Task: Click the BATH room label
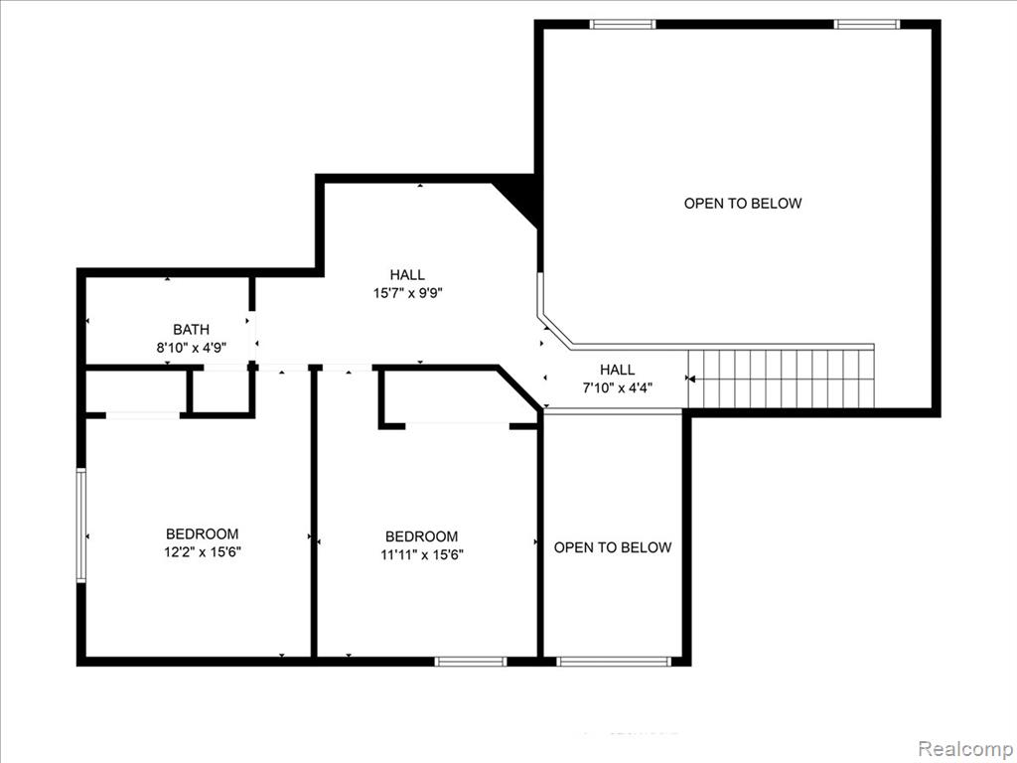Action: (191, 330)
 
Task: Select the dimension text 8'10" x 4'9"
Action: (191, 347)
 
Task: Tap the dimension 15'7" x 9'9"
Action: (407, 293)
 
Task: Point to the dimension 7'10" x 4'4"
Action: (617, 388)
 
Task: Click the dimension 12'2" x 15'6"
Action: (203, 552)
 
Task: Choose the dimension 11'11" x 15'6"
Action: (421, 554)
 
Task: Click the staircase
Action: (781, 379)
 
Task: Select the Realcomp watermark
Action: (967, 748)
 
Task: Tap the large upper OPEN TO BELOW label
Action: (743, 203)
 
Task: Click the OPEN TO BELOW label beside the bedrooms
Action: (612, 547)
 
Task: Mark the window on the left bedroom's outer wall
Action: (81, 525)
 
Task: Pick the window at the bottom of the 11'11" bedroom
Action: (470, 661)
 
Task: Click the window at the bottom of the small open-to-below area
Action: (614, 661)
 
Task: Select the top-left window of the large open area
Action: (623, 25)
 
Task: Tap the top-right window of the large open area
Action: (866, 25)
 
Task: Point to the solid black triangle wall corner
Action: (522, 198)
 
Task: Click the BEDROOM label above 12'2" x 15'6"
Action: (203, 534)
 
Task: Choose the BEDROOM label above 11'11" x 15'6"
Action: (421, 536)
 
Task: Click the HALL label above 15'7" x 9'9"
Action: (407, 275)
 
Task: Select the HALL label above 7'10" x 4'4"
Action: (618, 370)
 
